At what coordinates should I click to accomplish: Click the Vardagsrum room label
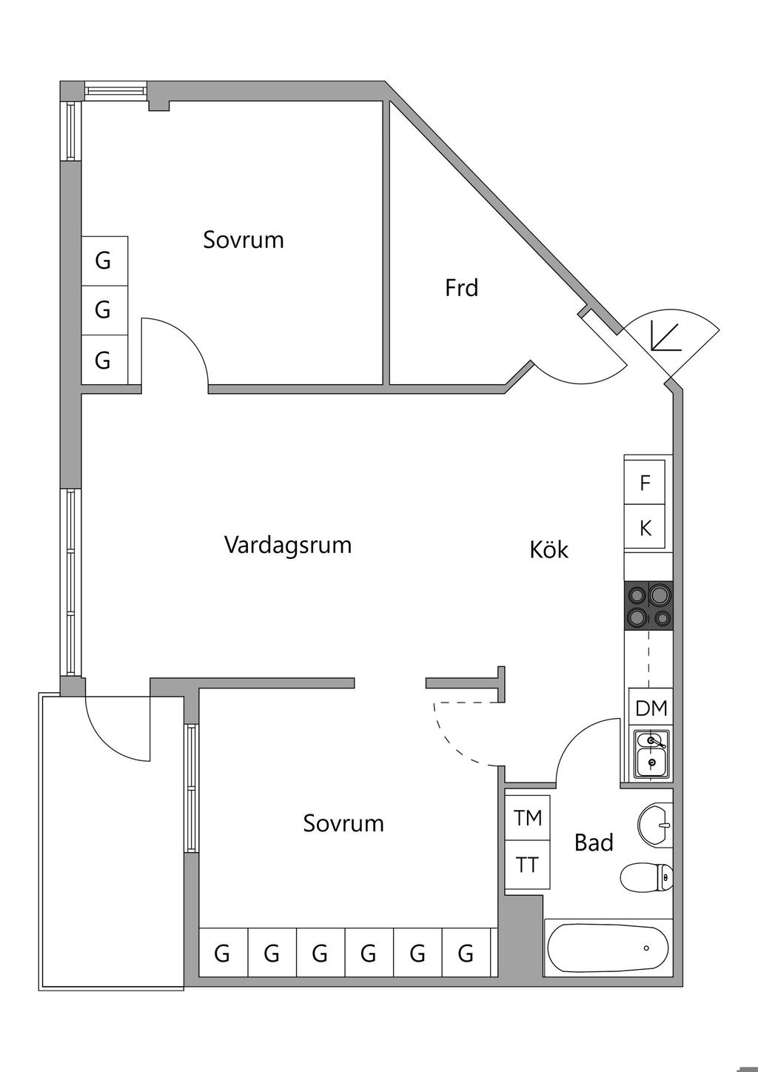287,546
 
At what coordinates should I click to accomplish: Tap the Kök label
549,550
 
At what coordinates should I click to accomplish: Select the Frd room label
461,288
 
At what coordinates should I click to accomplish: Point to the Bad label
594,842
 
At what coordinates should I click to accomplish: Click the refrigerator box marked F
645,483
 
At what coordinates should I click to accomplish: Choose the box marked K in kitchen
645,529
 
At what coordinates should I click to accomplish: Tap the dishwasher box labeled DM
651,708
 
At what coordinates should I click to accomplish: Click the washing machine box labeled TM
528,818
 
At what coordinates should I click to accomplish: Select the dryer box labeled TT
528,865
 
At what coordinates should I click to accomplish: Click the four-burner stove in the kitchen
649,605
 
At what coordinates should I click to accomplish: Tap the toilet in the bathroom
647,878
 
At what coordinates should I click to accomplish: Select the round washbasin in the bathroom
654,825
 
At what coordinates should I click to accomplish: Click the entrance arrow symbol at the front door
664,337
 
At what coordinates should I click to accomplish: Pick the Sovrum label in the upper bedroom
244,240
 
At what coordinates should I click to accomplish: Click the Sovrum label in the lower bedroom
343,823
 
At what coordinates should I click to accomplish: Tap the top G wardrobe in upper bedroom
104,261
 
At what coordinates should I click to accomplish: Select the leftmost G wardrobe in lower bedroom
223,954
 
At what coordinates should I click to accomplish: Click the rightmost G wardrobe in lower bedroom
466,954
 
